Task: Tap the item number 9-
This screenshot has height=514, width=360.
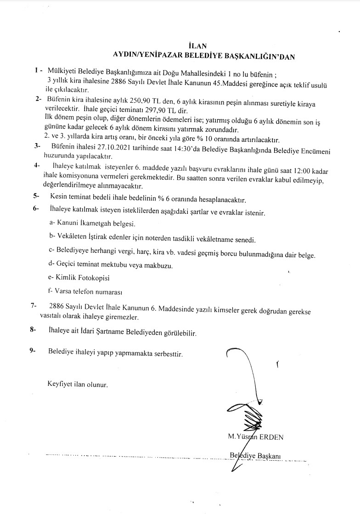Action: pos(33,351)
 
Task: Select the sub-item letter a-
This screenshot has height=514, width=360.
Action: pos(52,223)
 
